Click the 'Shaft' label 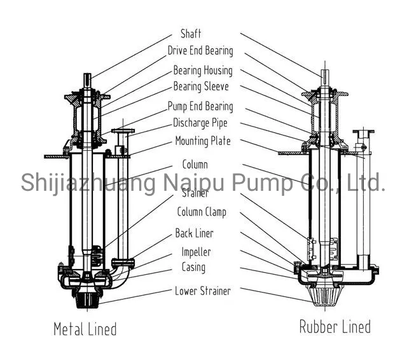191,34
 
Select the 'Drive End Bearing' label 200,51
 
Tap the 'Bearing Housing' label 203,71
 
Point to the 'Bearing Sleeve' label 201,87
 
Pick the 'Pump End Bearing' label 200,107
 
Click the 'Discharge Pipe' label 200,123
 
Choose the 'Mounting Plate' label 203,141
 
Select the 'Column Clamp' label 201,212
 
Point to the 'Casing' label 193,267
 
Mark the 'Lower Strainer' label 202,291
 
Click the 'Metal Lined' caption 85,329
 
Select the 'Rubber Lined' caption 335,327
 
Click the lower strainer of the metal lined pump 86,299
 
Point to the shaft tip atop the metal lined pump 88,79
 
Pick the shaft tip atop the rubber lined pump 324,74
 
